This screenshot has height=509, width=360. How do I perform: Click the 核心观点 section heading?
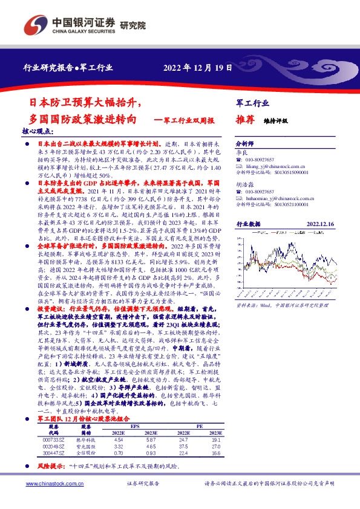38,131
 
